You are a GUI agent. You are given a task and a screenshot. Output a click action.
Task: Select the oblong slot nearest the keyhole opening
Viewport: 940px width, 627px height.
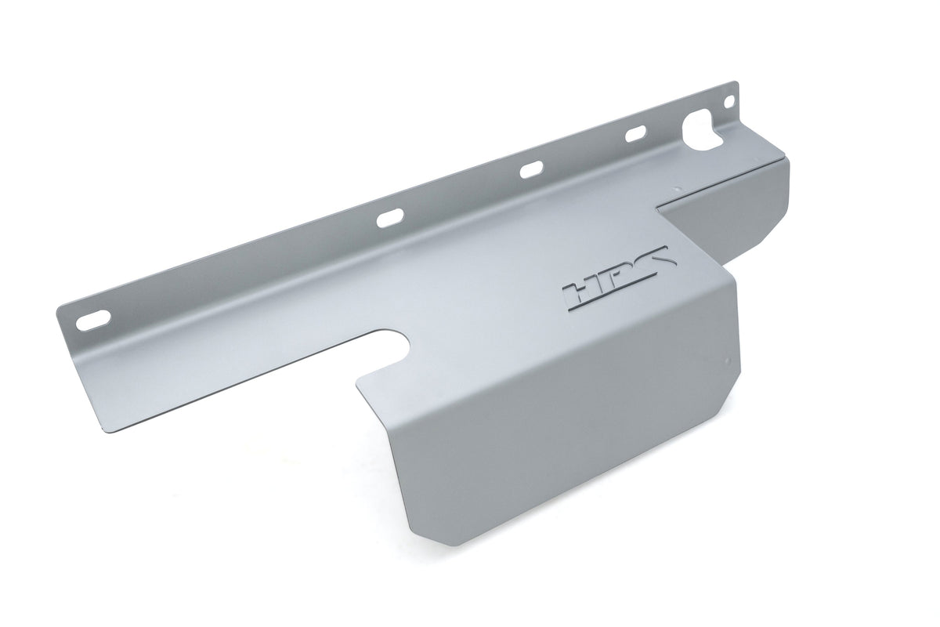(x=636, y=134)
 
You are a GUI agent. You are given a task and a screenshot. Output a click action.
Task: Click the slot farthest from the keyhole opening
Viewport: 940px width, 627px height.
(x=93, y=319)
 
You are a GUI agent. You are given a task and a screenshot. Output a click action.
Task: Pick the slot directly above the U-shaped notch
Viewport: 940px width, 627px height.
(x=389, y=219)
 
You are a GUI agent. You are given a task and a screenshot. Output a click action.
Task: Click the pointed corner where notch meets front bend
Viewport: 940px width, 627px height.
(x=358, y=384)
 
